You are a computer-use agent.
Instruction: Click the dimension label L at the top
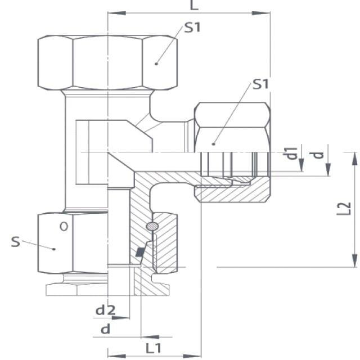pos(194,5)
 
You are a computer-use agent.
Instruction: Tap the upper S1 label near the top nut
pos(192,28)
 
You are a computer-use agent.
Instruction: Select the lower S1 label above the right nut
pos(260,84)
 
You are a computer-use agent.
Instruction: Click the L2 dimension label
pos(344,209)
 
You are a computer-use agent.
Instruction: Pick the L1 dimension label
pos(154,348)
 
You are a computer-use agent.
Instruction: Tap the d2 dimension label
pos(105,310)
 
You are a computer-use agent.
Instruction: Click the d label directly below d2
pos(105,329)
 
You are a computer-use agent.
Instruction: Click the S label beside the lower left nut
pos(16,242)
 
